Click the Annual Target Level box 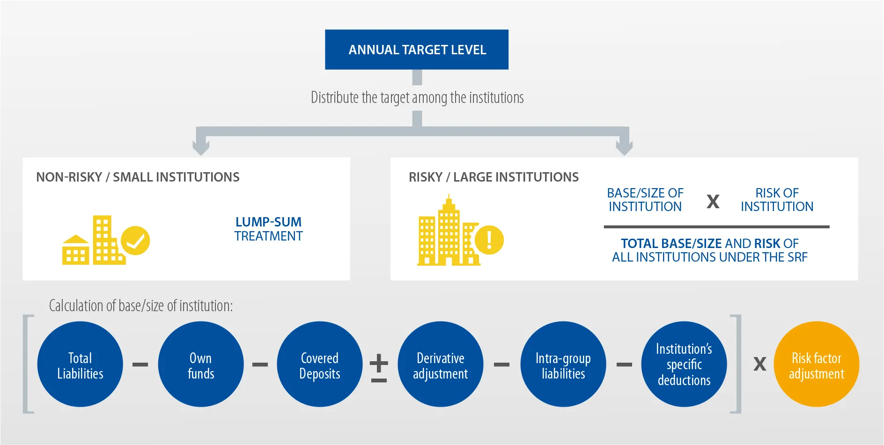pyautogui.click(x=417, y=50)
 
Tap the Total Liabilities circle pyautogui.click(x=80, y=364)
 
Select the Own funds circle pyautogui.click(x=201, y=364)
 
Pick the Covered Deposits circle pyautogui.click(x=320, y=364)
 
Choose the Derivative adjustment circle pyautogui.click(x=440, y=364)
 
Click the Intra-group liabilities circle pyautogui.click(x=563, y=364)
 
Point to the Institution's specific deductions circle pyautogui.click(x=684, y=364)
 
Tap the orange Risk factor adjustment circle pyautogui.click(x=817, y=364)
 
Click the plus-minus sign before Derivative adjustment pyautogui.click(x=379, y=369)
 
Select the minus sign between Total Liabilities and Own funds pyautogui.click(x=140, y=365)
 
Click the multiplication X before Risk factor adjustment pyautogui.click(x=759, y=364)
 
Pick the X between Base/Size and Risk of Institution pyautogui.click(x=713, y=202)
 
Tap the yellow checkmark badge pyautogui.click(x=135, y=241)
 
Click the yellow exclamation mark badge pyautogui.click(x=489, y=240)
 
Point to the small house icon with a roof pyautogui.click(x=75, y=250)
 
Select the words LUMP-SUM pyautogui.click(x=268, y=222)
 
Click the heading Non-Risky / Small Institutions pyautogui.click(x=138, y=177)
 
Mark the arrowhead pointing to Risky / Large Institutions pyautogui.click(x=624, y=147)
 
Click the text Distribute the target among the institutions pyautogui.click(x=417, y=97)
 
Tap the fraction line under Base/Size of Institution pyautogui.click(x=716, y=227)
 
